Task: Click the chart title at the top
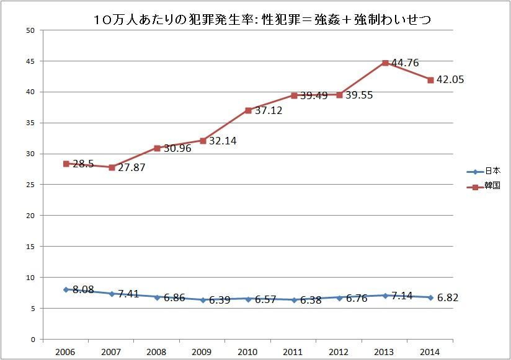262,20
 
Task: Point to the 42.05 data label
450,79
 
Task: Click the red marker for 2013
385,63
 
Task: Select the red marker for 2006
66,164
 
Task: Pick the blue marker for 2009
203,300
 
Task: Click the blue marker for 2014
430,297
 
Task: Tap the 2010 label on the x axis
248,351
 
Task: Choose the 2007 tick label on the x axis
112,351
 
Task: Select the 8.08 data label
83,289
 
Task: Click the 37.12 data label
269,110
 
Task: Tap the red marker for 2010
248,110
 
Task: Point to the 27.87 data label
131,167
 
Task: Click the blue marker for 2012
339,297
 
